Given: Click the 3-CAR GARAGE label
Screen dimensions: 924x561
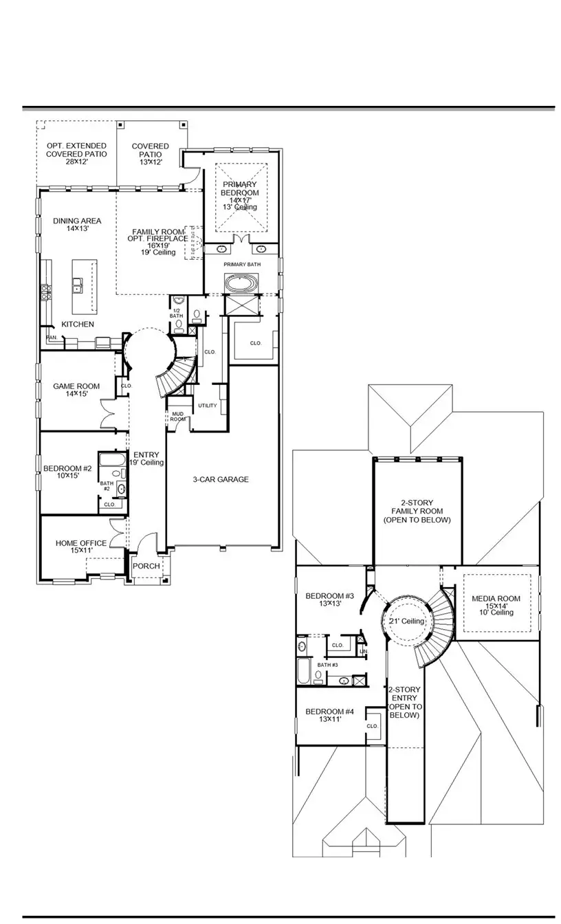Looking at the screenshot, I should [220, 479].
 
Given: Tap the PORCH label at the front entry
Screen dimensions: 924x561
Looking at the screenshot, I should [146, 566].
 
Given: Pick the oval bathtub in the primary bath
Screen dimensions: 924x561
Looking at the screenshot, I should [240, 283].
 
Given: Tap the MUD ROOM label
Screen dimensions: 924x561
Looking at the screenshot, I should [177, 416].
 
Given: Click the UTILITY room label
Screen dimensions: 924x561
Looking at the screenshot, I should [207, 406].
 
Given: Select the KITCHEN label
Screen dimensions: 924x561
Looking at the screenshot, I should [78, 324].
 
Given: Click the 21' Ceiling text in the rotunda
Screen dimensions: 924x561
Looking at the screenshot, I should [406, 621].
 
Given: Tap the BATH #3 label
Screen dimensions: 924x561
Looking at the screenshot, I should [327, 665].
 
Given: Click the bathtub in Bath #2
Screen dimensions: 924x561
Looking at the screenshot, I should [109, 460].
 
